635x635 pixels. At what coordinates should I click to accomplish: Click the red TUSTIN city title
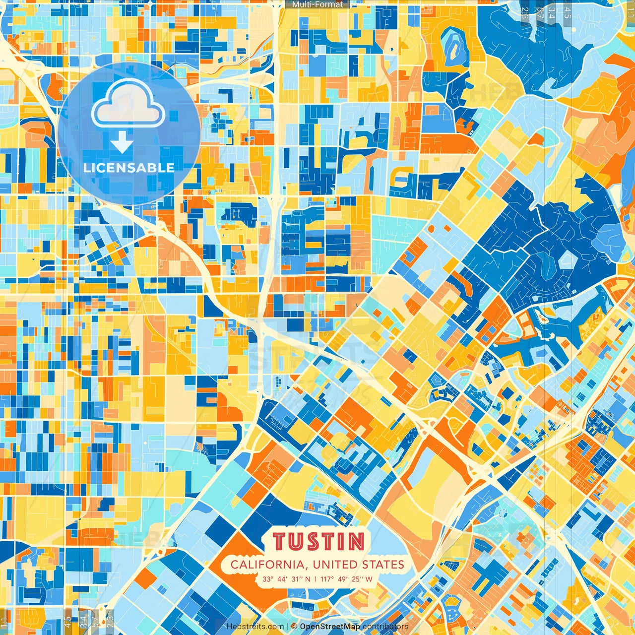point(318,542)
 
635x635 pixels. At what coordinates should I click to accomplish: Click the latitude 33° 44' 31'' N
point(287,579)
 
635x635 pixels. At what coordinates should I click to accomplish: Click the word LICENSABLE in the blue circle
point(128,168)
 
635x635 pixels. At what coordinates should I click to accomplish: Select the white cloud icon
point(128,104)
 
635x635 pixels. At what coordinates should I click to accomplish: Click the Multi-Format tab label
point(317,4)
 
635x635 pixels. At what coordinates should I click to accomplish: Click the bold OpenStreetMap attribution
point(330,627)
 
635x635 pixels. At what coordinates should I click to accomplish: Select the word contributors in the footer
point(385,627)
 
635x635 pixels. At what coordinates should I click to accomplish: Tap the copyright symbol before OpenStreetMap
point(294,627)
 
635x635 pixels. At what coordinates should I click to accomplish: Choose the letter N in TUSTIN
point(356,542)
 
